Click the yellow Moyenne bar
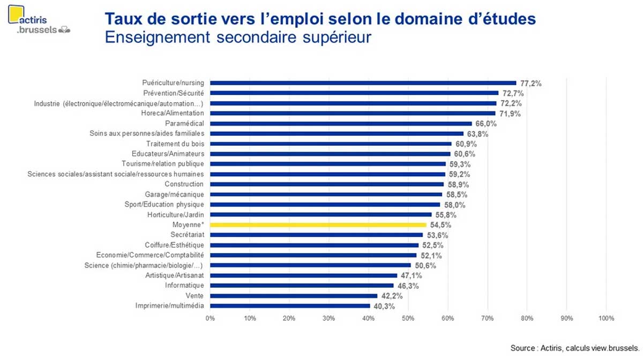click(318, 225)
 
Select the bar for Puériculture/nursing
click(363, 83)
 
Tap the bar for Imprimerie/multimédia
click(290, 306)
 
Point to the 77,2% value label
click(530, 84)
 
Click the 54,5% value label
click(440, 225)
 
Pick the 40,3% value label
click(384, 306)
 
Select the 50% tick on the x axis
click(408, 318)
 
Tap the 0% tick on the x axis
click(210, 318)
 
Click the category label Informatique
click(184, 286)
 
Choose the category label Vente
click(195, 296)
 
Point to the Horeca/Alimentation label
click(173, 114)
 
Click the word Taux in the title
click(123, 19)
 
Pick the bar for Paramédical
click(341, 124)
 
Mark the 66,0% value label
click(486, 124)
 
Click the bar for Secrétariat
click(316, 235)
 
